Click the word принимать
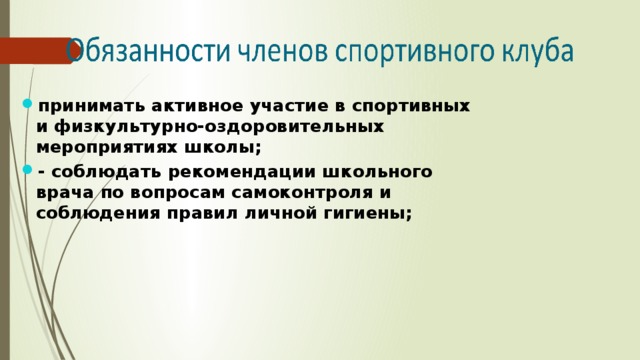click(x=84, y=106)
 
